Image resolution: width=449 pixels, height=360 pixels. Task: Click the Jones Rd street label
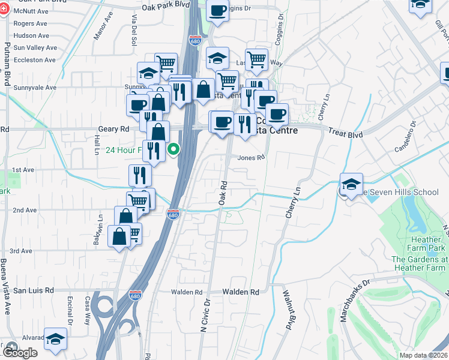(251, 158)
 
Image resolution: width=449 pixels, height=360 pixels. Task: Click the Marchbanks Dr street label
(356, 299)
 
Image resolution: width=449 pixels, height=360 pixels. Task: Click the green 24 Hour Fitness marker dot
(174, 149)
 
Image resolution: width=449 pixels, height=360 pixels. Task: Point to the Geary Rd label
(113, 129)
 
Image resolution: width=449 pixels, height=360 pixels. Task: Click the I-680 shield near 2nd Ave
(173, 214)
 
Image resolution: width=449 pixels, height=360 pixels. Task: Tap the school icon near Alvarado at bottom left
(56, 340)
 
